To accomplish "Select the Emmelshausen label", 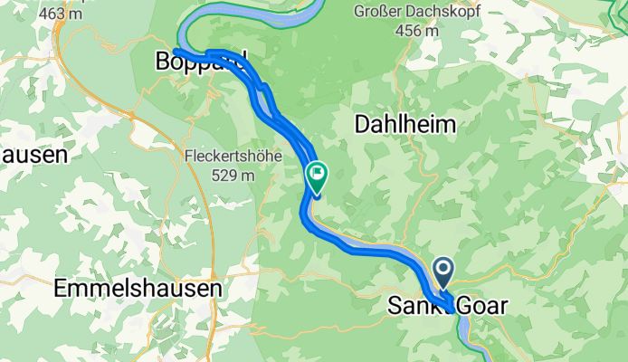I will coord(138,289).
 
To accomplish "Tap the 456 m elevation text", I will coord(418,31).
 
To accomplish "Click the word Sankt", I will coord(413,306).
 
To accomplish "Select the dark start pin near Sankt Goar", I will coord(443,269).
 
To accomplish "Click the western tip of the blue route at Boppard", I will coord(175,51).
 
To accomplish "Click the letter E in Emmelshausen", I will coord(61,289).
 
